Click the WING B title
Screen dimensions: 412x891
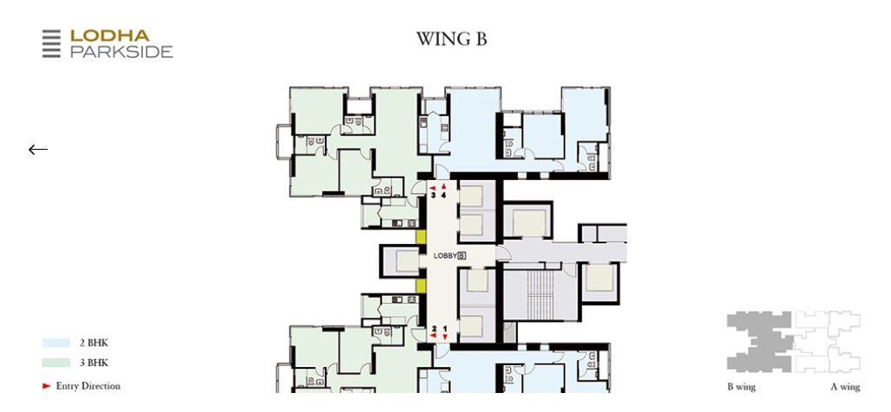coord(451,39)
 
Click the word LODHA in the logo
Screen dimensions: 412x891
coord(110,35)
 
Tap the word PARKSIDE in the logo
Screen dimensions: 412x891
coord(121,51)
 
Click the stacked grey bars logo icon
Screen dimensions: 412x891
coord(52,44)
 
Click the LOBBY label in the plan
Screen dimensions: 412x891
coord(445,255)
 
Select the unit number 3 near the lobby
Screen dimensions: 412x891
coord(434,196)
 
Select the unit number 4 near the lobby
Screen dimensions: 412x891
coord(444,196)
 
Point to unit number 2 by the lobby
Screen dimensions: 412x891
coord(434,328)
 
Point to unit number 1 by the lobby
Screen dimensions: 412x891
coord(445,328)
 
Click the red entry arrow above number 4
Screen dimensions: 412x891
coord(444,186)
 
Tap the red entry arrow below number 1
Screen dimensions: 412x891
coord(445,337)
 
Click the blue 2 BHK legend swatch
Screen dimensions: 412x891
coord(56,344)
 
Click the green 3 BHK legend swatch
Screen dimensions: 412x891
coord(56,364)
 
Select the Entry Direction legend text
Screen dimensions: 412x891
coord(88,386)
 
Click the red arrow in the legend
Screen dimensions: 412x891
coord(47,386)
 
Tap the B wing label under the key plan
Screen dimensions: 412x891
coord(741,387)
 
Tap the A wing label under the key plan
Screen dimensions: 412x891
coord(845,387)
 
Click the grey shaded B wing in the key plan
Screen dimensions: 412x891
coord(759,342)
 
